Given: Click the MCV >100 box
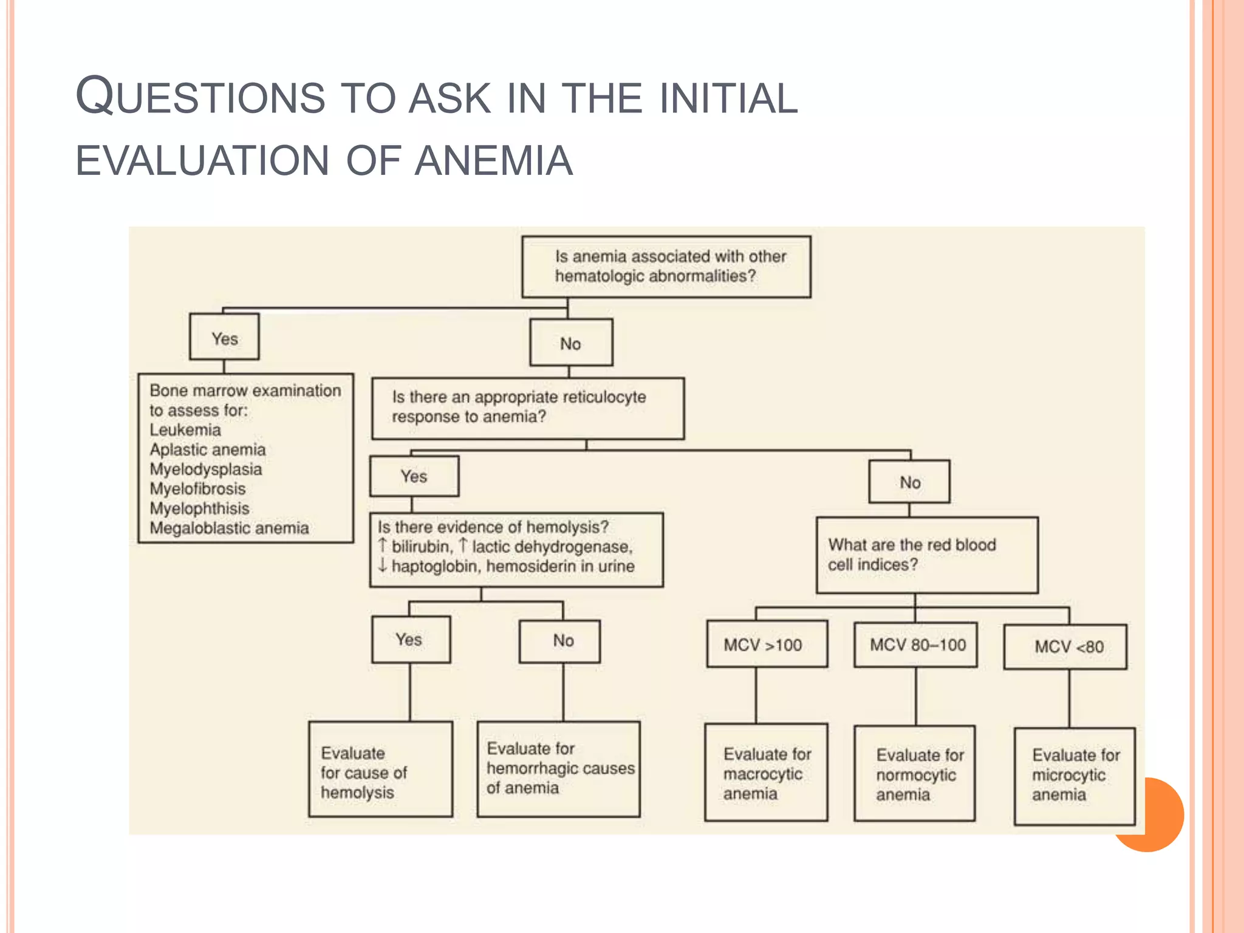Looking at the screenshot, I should [767, 644].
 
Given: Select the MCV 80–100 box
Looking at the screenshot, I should [915, 644].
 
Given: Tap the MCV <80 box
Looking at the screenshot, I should [1065, 647].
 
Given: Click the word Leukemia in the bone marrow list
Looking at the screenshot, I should [185, 430].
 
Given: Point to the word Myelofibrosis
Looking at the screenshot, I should [197, 489].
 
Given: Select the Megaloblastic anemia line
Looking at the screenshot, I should [229, 528].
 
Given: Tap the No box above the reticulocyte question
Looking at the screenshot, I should [571, 343].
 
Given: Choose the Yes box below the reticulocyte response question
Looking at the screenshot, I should [414, 476].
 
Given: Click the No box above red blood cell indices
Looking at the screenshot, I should [909, 482].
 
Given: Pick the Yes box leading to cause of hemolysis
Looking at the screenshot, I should [411, 640].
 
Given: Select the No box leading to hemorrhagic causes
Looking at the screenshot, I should [559, 641].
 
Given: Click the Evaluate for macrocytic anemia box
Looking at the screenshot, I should [766, 773].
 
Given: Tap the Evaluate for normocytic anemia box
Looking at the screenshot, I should [914, 774].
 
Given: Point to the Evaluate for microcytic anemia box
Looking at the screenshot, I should [1074, 776].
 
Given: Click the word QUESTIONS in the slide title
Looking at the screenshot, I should [200, 97].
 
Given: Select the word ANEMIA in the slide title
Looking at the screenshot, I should [493, 161].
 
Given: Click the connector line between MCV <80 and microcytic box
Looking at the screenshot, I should [1070, 699].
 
